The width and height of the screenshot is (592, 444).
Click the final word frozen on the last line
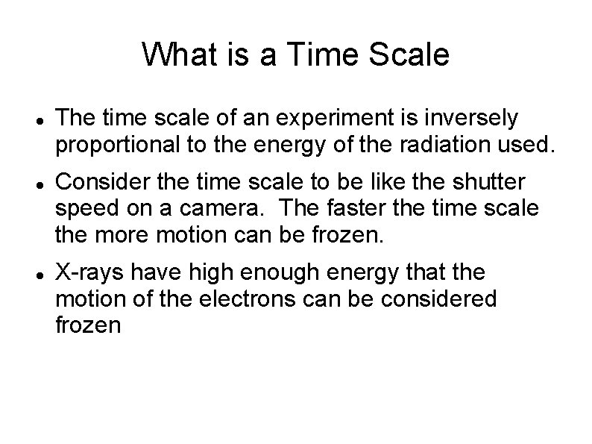[x=88, y=326]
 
